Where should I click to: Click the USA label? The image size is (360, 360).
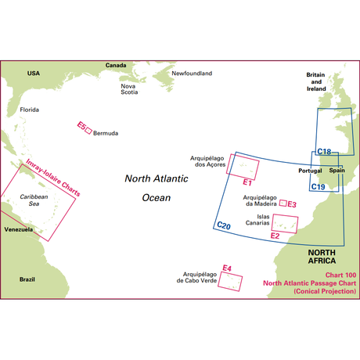[33, 73]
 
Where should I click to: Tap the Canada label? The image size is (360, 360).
[116, 66]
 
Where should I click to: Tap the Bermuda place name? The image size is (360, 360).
[106, 133]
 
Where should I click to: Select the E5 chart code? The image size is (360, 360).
[81, 125]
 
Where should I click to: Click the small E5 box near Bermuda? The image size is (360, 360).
[88, 131]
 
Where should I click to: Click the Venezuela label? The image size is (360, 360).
[17, 229]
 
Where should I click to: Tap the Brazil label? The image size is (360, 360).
[28, 279]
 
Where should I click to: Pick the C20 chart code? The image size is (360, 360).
[223, 226]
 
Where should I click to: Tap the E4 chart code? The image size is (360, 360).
[227, 269]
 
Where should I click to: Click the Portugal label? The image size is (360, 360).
[311, 171]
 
